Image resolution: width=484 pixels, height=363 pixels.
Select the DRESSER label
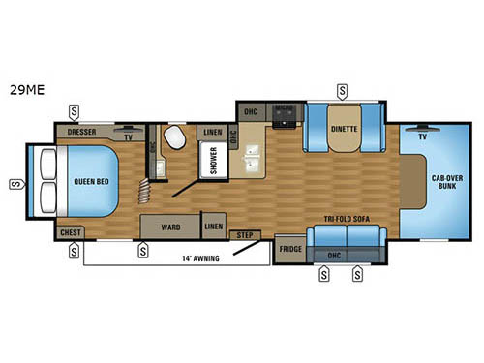click(x=82, y=129)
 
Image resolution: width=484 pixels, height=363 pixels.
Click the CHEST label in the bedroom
click(x=70, y=233)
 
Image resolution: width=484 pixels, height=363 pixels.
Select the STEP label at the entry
click(x=246, y=233)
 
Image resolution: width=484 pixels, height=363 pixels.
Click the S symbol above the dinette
click(x=343, y=92)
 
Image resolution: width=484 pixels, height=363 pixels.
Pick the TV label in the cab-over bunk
click(x=423, y=137)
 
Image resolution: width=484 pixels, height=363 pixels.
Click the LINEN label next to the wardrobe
click(x=214, y=227)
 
